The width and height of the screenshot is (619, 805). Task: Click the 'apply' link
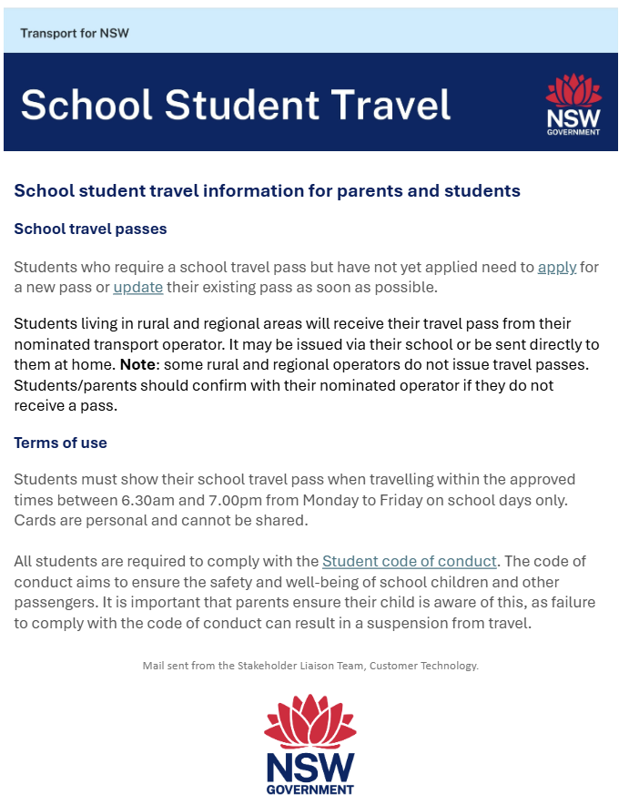click(x=556, y=268)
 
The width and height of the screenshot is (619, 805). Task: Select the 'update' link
click(x=138, y=288)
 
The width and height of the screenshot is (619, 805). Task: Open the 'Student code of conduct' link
click(x=410, y=562)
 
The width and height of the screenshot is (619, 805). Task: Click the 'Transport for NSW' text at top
click(x=75, y=34)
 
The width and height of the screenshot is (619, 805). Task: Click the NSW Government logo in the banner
click(x=573, y=105)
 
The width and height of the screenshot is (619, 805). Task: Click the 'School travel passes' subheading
click(x=90, y=229)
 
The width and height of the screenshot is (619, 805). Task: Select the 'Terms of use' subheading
click(x=60, y=443)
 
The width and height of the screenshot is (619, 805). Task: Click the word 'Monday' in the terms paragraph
click(x=456, y=501)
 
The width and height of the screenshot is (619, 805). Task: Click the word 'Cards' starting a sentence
click(x=36, y=521)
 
